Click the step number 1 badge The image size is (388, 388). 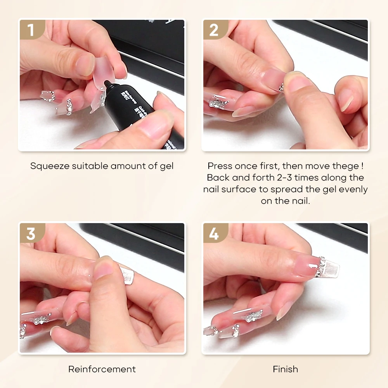tap(31, 30)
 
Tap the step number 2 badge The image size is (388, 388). tap(214, 30)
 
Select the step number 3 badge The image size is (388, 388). tap(31, 234)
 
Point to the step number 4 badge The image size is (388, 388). tap(214, 234)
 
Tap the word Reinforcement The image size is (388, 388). tap(102, 369)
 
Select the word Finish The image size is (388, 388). tap(286, 369)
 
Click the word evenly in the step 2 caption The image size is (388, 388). tap(353, 189)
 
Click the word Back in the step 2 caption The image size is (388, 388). tap(218, 178)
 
